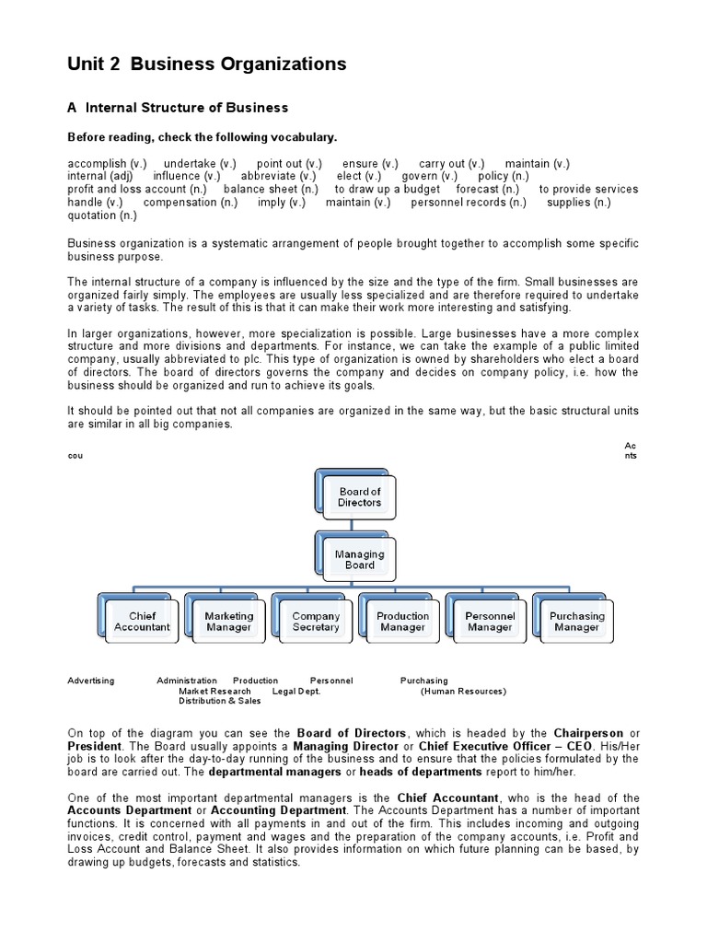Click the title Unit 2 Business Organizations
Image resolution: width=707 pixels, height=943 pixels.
[x=207, y=64]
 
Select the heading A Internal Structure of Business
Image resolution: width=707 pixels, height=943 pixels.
[x=178, y=108]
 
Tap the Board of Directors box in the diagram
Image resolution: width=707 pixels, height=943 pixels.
[x=359, y=497]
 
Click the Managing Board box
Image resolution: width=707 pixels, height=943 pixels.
[x=359, y=560]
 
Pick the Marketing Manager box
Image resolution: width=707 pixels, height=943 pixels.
[x=228, y=622]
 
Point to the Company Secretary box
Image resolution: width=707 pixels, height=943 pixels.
[x=316, y=622]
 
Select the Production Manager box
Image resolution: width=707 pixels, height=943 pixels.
[x=402, y=622]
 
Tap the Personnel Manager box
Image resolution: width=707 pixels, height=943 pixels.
[x=490, y=622]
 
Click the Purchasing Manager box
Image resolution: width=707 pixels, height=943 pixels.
[x=576, y=622]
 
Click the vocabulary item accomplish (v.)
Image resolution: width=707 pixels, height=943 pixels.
[x=107, y=163]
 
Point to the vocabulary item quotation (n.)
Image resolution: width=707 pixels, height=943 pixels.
[x=102, y=215]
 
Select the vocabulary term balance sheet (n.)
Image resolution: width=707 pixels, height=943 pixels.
[x=271, y=189]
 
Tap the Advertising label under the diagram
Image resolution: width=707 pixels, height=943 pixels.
[x=91, y=681]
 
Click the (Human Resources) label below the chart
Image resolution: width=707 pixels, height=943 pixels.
[x=463, y=691]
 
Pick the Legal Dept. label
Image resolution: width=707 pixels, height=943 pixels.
[x=296, y=691]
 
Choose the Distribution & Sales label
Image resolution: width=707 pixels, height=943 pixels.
[x=219, y=701]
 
